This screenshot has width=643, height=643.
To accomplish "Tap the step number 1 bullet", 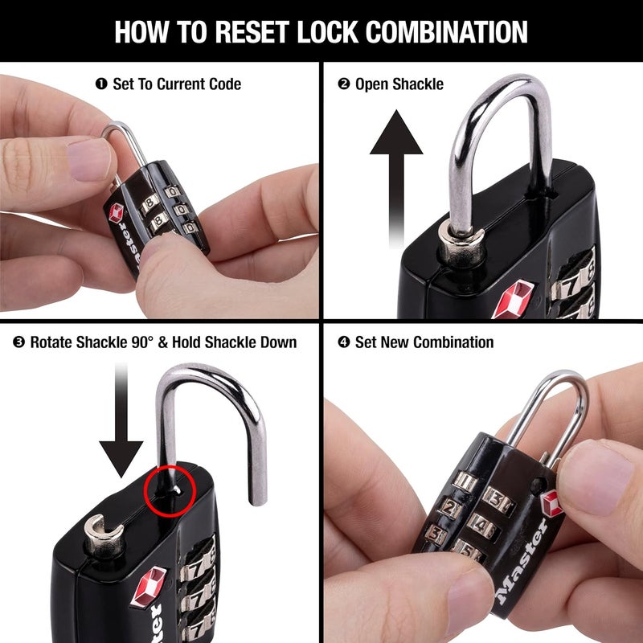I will pos(100,84).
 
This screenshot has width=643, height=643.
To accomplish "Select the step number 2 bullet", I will pos(344,84).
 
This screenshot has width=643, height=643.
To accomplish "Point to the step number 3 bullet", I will pos(18,342).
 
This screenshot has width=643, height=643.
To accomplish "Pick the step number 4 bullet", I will pos(344,342).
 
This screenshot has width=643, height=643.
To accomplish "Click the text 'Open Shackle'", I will pos(399,84).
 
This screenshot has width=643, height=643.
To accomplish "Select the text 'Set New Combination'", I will pos(424,342).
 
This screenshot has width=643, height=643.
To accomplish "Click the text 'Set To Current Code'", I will pos(177,84).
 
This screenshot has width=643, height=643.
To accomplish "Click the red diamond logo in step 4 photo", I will pos(551,504).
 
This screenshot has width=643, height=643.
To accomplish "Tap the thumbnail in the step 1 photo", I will pos(88,158).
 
